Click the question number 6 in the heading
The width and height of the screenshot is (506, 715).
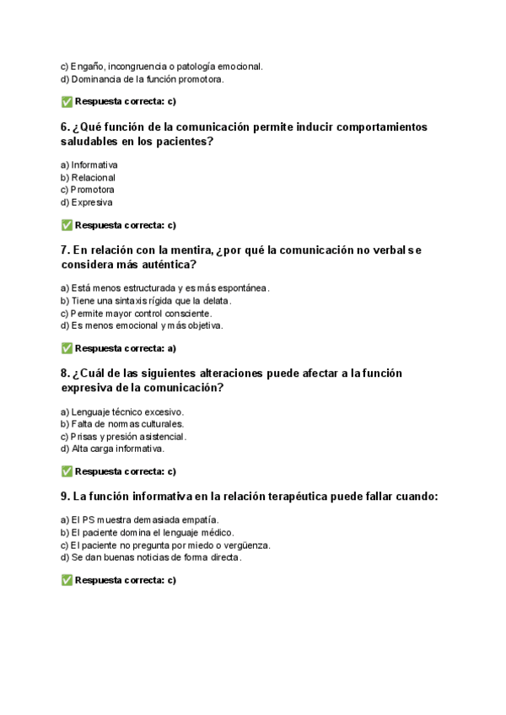point(65,127)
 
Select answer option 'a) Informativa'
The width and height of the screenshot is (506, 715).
point(89,165)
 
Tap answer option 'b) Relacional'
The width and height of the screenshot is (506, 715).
point(88,178)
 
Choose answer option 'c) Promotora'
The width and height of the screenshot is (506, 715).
point(87,190)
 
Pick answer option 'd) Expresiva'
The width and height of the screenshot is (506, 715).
point(86,202)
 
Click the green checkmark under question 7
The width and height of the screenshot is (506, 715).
point(67,348)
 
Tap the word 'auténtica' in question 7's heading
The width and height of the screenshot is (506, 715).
point(166,265)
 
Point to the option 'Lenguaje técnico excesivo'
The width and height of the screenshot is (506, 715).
point(121,411)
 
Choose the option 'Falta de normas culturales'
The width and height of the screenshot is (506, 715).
point(121,424)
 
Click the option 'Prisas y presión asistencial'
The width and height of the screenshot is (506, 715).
point(123,437)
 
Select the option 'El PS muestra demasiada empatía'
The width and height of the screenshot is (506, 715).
point(139,520)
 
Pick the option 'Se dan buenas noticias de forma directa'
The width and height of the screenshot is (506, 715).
point(151,557)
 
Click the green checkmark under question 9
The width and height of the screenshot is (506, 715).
point(67,581)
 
